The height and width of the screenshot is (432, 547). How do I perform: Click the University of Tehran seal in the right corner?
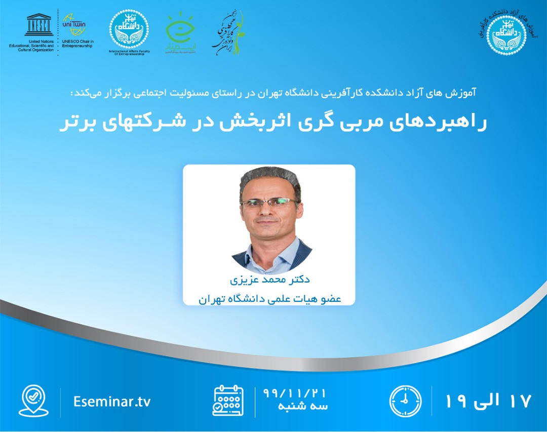tap(508, 31)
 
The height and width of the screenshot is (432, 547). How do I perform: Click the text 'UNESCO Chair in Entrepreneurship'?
tap(77, 44)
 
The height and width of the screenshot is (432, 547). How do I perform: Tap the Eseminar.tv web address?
tap(112, 402)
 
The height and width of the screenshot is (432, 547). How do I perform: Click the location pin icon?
tap(33, 401)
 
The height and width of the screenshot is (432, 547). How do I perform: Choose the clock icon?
tap(405, 401)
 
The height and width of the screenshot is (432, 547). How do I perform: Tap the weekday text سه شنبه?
tap(303, 407)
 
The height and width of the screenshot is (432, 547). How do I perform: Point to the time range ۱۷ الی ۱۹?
tap(488, 401)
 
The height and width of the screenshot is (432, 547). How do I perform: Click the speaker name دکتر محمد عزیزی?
tap(269, 279)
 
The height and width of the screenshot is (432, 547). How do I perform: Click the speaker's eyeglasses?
tap(269, 203)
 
